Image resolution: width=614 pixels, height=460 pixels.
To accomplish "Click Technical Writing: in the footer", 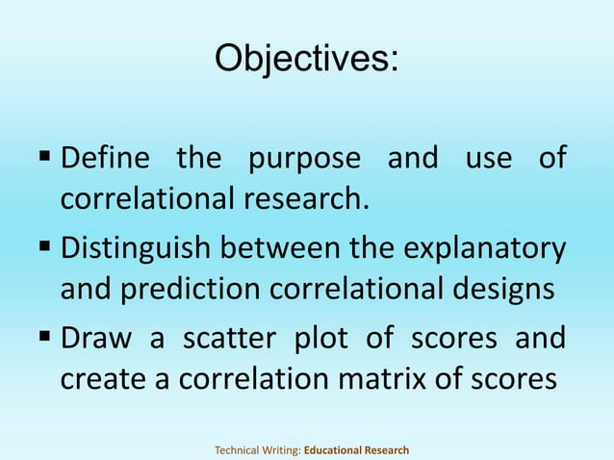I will click(x=257, y=449).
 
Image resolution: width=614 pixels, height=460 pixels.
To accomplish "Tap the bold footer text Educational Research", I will click(x=357, y=449).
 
